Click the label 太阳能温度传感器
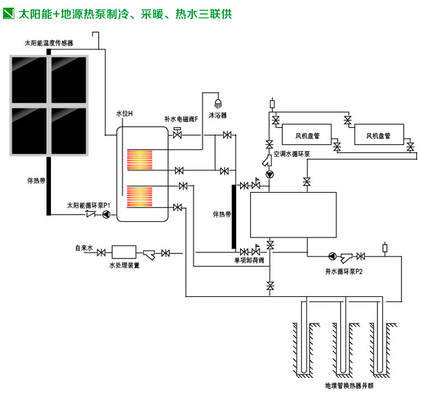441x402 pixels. [49, 43]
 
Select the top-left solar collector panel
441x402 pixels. [29, 80]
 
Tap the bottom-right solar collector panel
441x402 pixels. [70, 129]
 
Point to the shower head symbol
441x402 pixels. [219, 103]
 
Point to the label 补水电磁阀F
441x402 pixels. [181, 118]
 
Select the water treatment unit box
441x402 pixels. [124, 252]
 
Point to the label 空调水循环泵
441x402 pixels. [292, 154]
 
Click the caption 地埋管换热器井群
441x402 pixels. [341, 384]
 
